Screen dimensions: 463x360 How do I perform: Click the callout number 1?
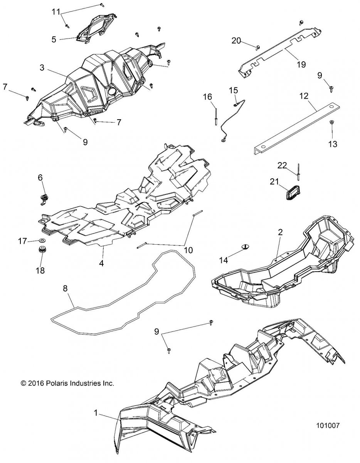(x=96, y=412)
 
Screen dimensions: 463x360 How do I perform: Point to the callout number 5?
(x=54, y=39)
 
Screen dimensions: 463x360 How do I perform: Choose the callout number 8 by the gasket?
(x=65, y=287)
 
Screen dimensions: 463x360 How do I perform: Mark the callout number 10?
(x=188, y=250)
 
